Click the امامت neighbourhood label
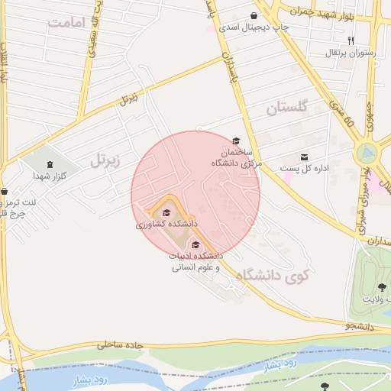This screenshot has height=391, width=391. click(64, 22)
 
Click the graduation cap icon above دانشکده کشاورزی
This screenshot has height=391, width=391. click(166, 212)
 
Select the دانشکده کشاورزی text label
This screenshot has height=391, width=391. click(166, 225)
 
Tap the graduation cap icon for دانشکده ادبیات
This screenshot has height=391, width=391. click(195, 245)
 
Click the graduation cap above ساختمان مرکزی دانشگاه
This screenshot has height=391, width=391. click(236, 141)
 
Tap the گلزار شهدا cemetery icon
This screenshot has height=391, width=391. click(50, 163)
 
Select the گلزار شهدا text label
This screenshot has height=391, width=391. click(50, 176)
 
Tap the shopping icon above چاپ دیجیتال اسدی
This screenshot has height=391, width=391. click(254, 15)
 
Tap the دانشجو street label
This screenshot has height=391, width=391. click(360, 325)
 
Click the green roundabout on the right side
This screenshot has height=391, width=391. click(366, 152)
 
